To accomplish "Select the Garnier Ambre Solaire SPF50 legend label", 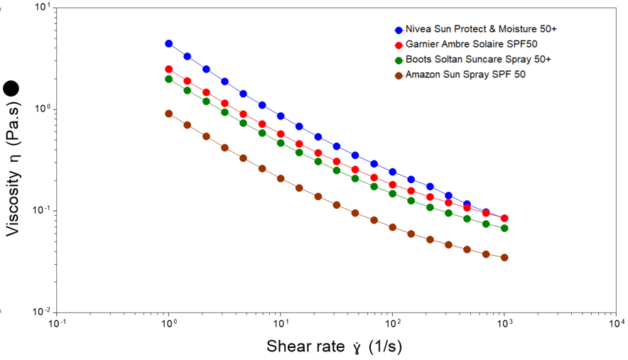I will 470,45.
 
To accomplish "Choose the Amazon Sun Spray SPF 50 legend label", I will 465,75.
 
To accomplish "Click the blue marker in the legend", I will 399,31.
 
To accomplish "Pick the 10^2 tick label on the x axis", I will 392,324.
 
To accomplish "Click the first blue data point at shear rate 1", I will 169,43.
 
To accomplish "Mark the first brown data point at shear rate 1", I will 169,113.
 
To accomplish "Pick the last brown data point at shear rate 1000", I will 504,257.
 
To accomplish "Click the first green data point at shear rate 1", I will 169,79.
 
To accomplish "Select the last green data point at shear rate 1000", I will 504,228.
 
